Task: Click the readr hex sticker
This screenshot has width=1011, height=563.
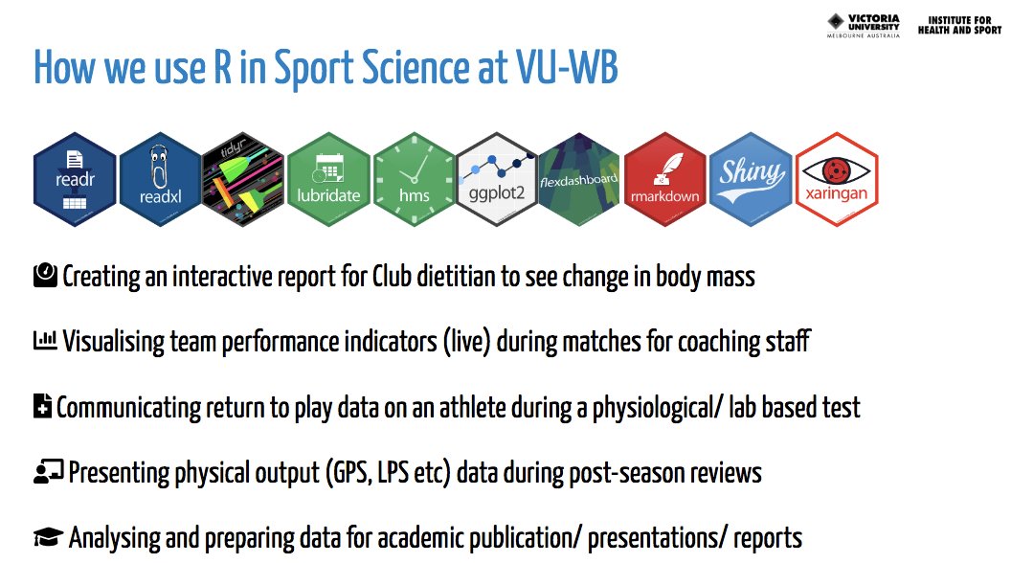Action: click(x=75, y=178)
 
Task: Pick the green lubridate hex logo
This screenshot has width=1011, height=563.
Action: click(x=329, y=178)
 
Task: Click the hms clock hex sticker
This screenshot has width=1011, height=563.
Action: click(x=415, y=178)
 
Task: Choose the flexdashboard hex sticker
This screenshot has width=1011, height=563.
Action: click(x=581, y=178)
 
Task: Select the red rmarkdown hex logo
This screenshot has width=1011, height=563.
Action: click(x=666, y=178)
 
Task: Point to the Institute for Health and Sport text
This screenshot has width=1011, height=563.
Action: click(x=958, y=24)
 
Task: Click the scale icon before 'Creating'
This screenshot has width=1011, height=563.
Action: click(x=45, y=277)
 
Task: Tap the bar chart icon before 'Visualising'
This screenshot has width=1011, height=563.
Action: click(x=45, y=341)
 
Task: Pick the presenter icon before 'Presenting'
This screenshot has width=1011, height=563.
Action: click(x=48, y=471)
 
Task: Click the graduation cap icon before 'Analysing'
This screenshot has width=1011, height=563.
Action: click(x=48, y=536)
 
